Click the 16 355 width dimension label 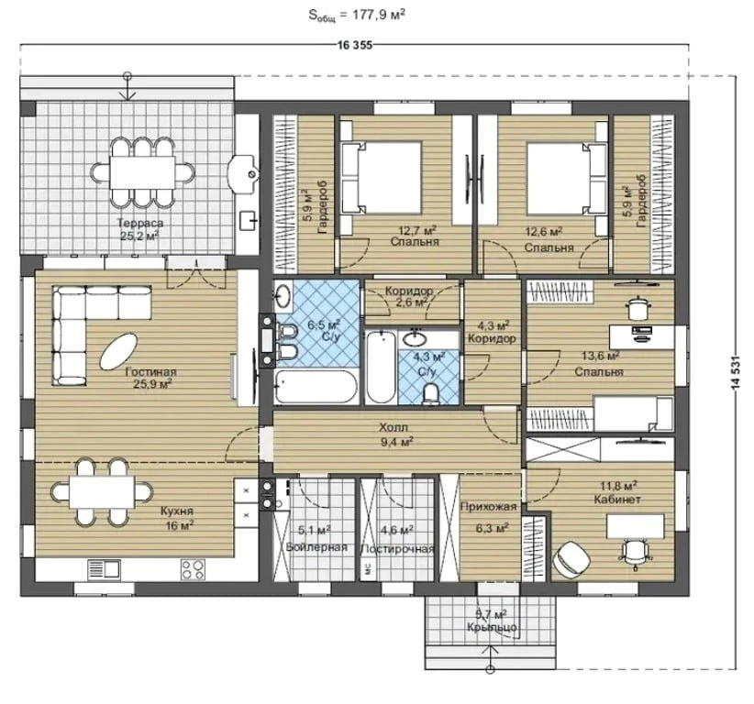click(x=355, y=45)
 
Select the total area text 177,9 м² click(x=379, y=15)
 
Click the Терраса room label click(x=140, y=223)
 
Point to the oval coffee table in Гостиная click(x=118, y=352)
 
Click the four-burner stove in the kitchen click(x=193, y=570)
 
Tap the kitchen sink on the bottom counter click(x=104, y=570)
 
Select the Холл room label click(x=394, y=427)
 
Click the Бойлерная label click(x=316, y=547)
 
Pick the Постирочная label click(x=398, y=549)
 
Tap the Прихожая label click(x=488, y=507)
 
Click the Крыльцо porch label click(x=492, y=627)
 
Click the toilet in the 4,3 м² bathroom click(x=431, y=393)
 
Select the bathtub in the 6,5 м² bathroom click(x=316, y=386)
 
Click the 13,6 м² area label click(x=600, y=356)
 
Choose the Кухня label click(x=177, y=511)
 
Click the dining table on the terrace click(x=143, y=172)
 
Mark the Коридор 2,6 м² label click(x=409, y=296)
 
